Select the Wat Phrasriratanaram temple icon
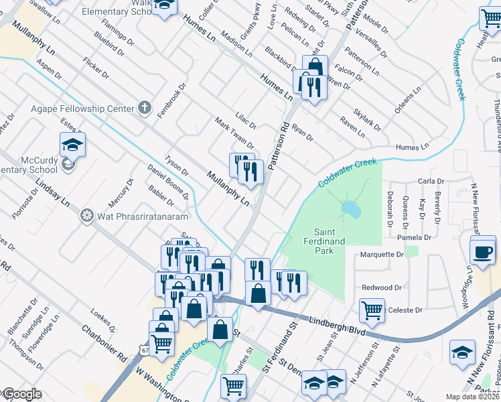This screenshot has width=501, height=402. [86, 216]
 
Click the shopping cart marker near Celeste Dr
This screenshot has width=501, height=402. [372, 310]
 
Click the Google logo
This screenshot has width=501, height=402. [21, 395]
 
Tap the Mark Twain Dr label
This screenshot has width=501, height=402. [234, 133]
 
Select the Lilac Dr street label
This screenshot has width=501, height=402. [246, 120]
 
